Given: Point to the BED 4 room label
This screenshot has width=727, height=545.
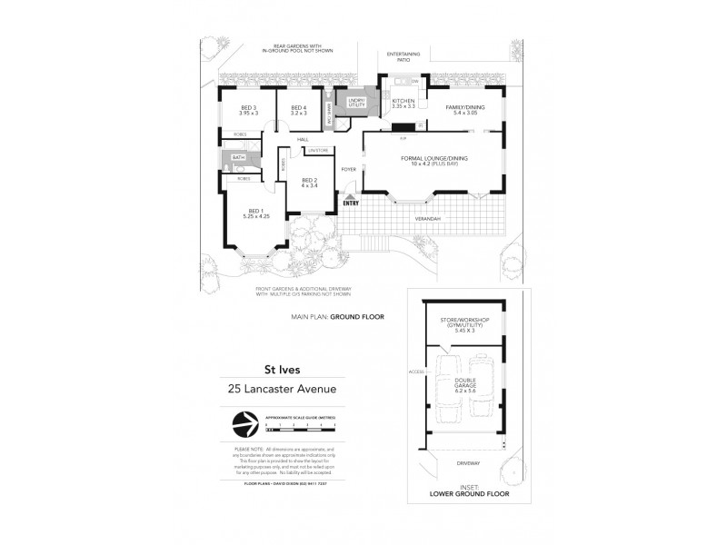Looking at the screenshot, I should coord(299,110).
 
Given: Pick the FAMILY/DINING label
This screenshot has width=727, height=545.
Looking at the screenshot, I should coord(463,109).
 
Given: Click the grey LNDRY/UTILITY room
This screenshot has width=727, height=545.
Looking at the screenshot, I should coord(350,103).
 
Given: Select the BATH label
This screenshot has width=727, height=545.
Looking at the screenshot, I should coord(238,158).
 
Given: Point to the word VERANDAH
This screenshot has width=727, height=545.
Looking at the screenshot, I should coord(428,220).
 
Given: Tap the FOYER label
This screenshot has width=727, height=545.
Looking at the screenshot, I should coord(348,170).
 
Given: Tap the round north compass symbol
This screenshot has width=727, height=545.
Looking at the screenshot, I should coord(244,424).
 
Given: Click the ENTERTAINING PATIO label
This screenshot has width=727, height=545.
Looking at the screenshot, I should coord(403,56).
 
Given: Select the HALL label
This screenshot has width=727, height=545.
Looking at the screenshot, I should coord(303,139).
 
